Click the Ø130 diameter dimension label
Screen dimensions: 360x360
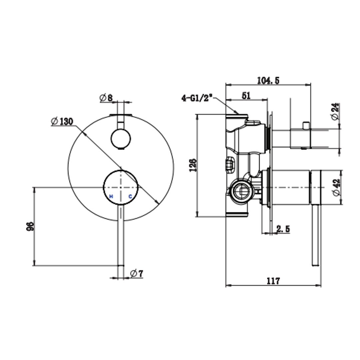pos(62,121)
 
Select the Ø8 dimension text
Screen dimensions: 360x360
pos(106,98)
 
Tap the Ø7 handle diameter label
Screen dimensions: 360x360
pos(136,274)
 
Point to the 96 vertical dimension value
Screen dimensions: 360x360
pos(30,226)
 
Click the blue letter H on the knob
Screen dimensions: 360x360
pos(111,197)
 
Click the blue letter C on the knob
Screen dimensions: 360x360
pos(130,197)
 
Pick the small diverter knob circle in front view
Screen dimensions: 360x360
pos(121,139)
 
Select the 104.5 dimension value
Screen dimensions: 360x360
pos(268,80)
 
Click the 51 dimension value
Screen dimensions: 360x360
pos(246,95)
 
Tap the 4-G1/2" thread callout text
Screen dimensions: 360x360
pos(197,98)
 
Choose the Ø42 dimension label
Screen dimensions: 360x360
pos(336,188)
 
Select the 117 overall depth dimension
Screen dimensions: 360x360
pos(273,281)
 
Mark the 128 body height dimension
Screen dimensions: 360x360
pos(193,165)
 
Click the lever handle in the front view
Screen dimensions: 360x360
pos(120,237)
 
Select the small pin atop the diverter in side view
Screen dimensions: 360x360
pos(305,125)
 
